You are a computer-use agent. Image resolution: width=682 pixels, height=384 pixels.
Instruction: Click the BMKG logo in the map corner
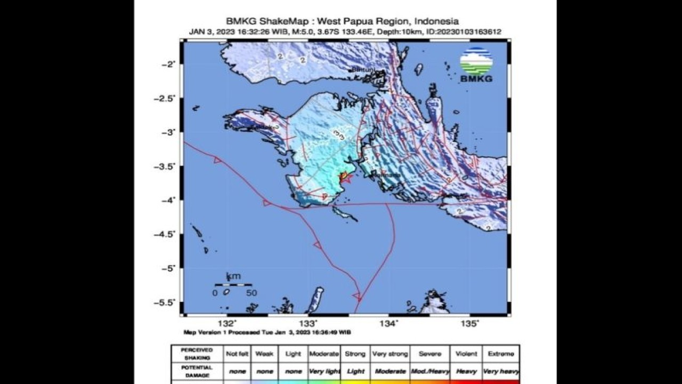(476, 65)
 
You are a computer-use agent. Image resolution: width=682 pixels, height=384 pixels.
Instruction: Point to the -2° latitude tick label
(168, 64)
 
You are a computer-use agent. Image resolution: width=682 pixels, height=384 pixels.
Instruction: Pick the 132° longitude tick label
(228, 323)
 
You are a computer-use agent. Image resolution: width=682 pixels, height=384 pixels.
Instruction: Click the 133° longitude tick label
(308, 323)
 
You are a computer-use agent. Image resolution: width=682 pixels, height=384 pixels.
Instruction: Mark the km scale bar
(233, 285)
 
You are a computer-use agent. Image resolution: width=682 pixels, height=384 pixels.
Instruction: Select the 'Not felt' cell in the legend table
(237, 354)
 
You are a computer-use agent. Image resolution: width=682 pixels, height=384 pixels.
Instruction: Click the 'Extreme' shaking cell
(501, 354)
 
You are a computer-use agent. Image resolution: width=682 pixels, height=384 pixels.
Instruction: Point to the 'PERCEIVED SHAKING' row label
(197, 354)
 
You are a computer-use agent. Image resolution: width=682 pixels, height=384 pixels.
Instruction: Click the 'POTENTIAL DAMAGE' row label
(197, 371)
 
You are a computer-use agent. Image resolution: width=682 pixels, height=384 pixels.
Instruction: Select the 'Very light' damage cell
(323, 371)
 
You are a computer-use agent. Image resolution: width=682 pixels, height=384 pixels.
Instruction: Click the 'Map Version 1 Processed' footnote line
(267, 332)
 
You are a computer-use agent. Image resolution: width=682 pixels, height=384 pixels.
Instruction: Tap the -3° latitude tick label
(168, 132)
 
